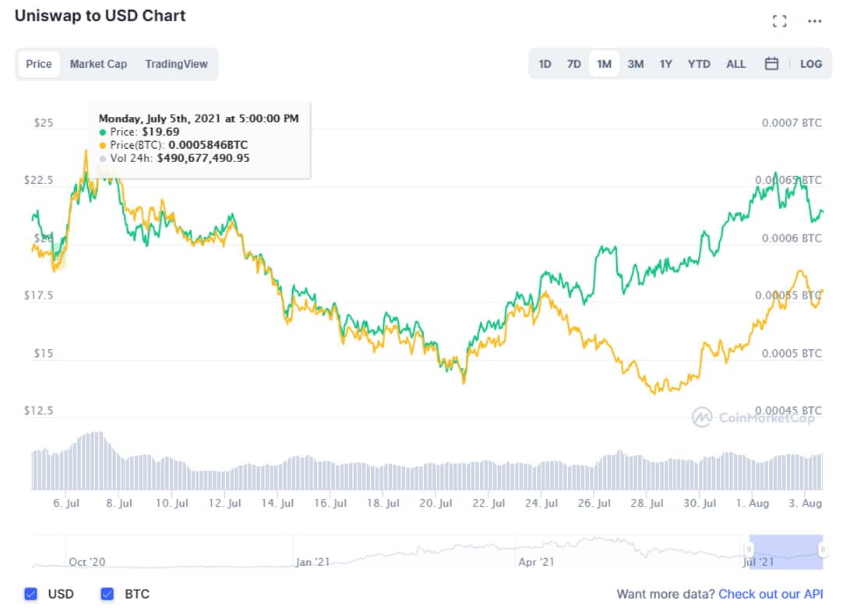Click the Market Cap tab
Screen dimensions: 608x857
tap(98, 64)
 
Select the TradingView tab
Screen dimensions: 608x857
tap(176, 64)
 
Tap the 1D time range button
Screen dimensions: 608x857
tap(545, 64)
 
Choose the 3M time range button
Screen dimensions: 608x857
tap(635, 64)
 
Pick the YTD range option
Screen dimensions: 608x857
tap(699, 64)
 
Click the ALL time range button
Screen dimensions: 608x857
tap(735, 64)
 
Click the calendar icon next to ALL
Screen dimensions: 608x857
tap(771, 64)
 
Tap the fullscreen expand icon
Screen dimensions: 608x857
tap(779, 21)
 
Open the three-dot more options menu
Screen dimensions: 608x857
tap(814, 21)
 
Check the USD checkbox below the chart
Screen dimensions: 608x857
tap(31, 594)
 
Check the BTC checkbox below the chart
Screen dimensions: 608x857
tap(108, 594)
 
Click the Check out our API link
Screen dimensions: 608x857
tap(771, 594)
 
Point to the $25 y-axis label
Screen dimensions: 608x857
tap(44, 123)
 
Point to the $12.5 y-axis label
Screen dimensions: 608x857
tap(39, 410)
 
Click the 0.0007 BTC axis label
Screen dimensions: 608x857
tap(791, 123)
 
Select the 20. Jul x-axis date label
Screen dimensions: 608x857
tap(436, 504)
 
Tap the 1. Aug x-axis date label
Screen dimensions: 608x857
tap(753, 504)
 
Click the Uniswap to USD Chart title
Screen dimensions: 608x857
tap(101, 16)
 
